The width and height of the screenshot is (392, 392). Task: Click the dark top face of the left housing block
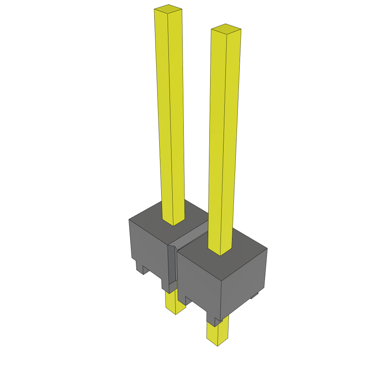153,220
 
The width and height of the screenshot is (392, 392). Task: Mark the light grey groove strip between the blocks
191,235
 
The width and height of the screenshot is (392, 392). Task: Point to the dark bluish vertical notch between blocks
172,264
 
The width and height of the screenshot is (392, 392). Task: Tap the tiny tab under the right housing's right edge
254,296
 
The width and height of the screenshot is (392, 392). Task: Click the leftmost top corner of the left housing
129,219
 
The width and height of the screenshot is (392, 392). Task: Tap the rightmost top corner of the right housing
267,248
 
